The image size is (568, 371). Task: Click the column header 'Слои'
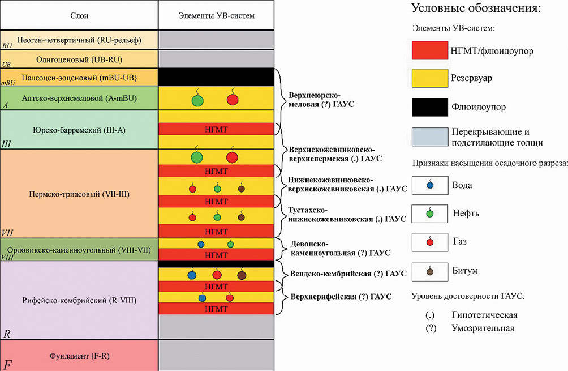(x=79, y=16)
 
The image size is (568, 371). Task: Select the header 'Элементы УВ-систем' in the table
(x=216, y=16)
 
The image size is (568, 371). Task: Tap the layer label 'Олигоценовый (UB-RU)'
(x=79, y=59)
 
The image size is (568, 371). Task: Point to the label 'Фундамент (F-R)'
(x=79, y=356)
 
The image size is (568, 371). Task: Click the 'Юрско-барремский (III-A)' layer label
(x=79, y=130)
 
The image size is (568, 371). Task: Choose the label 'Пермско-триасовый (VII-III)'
(x=79, y=194)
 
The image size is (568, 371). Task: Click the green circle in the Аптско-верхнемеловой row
(x=197, y=100)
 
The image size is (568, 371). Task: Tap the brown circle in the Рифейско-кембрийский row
(x=242, y=275)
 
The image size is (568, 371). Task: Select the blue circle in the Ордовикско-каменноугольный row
(x=201, y=244)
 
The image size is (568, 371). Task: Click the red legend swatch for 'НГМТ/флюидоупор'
(x=429, y=50)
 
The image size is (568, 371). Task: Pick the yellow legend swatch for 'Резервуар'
(x=429, y=78)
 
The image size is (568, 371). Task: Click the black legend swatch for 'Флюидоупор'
(x=429, y=107)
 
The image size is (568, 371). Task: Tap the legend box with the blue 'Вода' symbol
(x=429, y=185)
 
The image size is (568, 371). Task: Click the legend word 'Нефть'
(x=466, y=213)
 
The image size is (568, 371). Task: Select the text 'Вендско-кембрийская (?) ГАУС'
(x=348, y=274)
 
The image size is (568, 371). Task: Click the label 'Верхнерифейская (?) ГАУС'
(x=341, y=297)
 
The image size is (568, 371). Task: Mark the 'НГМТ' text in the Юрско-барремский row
(x=216, y=129)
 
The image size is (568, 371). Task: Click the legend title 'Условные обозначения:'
(x=476, y=8)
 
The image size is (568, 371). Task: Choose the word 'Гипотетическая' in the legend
(x=484, y=315)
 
